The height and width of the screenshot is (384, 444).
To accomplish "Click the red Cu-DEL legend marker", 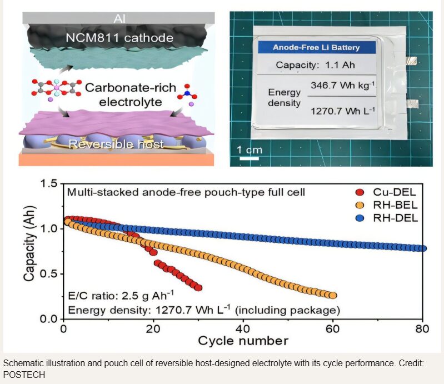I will [x=358, y=193].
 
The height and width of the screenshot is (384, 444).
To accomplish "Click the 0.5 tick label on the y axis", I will [x=49, y=274].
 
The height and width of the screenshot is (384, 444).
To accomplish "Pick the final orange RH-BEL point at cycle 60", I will [x=333, y=296].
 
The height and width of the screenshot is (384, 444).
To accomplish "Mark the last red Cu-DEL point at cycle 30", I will [x=198, y=288].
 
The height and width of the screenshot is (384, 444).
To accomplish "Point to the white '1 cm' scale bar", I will [x=250, y=158].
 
